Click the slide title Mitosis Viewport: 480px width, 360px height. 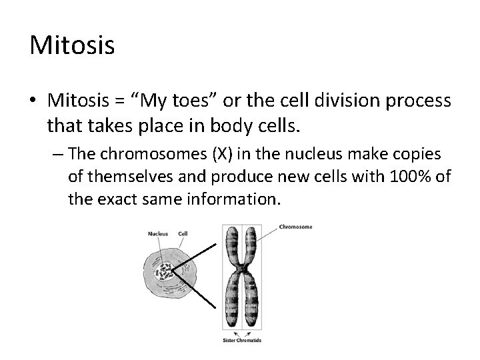click(73, 46)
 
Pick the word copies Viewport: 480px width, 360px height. click(417, 155)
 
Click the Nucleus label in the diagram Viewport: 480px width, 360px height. click(158, 234)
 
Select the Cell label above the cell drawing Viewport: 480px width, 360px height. click(183, 234)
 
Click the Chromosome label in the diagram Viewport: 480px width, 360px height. click(297, 226)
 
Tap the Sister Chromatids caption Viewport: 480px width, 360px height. click(243, 340)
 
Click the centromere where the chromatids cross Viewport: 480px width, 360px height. click(243, 271)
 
